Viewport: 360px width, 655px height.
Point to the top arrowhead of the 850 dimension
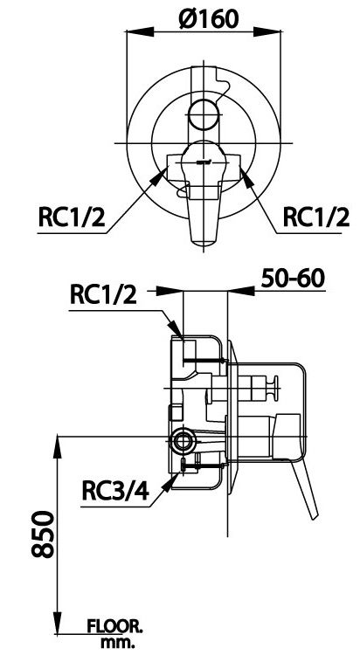tap(59, 440)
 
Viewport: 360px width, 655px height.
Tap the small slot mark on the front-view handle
tap(204, 162)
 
